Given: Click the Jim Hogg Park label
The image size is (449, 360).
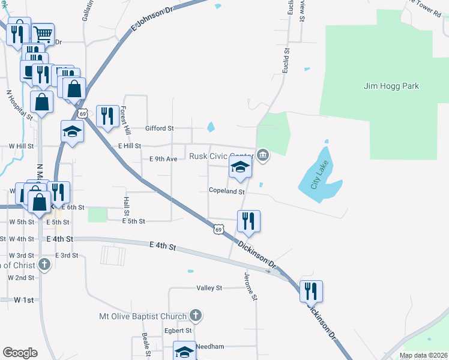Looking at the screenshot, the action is point(391,86).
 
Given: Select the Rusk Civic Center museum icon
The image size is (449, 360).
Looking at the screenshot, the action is point(263,156).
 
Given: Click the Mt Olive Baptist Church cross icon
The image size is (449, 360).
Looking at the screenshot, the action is point(195,315).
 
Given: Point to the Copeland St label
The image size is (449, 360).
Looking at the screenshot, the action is point(226,191).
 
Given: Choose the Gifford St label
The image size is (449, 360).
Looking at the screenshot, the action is point(160,128).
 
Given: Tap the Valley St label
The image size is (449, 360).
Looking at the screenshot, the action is point(209,288).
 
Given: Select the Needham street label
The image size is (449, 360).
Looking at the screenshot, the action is point(211,347).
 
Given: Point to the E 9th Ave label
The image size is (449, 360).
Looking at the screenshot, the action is point(163,159).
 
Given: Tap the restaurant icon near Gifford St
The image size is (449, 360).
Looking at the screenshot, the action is point(107,116).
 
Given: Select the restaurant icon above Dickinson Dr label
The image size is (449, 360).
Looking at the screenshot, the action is point(248,221).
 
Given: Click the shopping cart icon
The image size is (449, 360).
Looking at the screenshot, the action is point(42,34).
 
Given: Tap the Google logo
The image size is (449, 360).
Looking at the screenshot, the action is point(20,353).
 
